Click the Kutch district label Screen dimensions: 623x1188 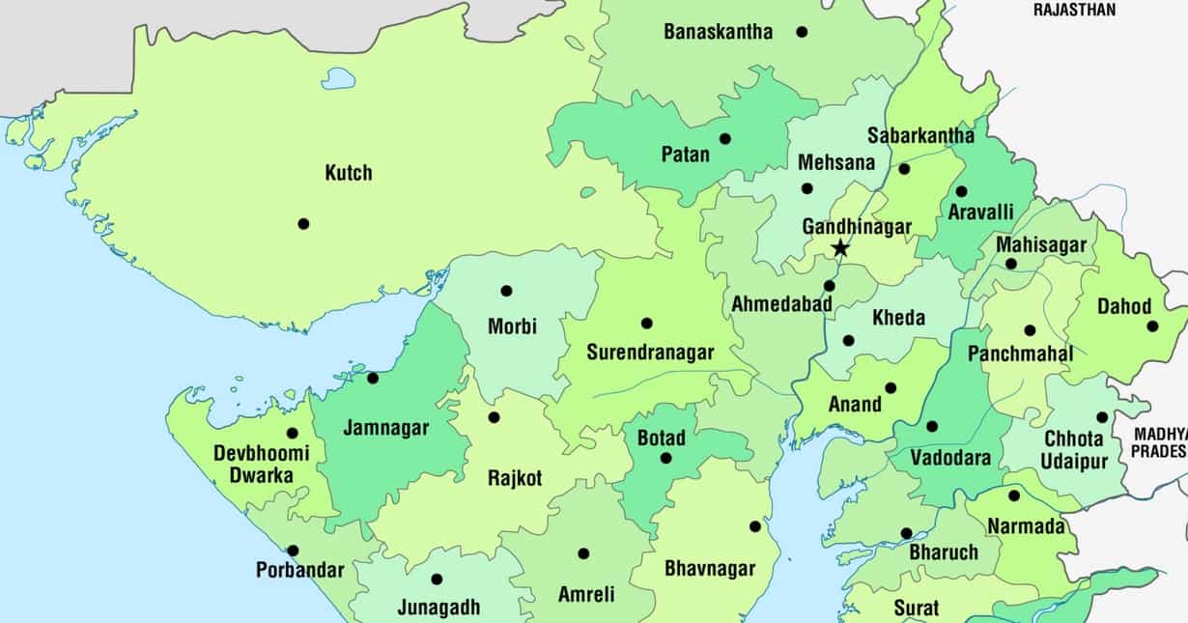click(x=348, y=174)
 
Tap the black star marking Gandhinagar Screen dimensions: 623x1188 click(x=840, y=248)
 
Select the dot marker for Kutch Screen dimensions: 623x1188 click(x=303, y=224)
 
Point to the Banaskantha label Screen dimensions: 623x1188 click(x=718, y=32)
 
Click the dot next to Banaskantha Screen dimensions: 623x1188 click(x=802, y=32)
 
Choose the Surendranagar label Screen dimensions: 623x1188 click(x=650, y=353)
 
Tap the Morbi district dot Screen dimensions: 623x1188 click(x=506, y=291)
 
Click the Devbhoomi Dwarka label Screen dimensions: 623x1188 click(x=261, y=464)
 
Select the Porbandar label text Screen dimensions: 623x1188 click(x=299, y=570)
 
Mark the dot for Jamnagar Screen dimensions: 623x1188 click(x=373, y=378)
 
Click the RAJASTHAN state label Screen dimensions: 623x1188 click(x=1074, y=10)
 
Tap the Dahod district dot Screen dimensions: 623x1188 click(x=1152, y=326)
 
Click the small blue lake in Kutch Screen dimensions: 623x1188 click(x=338, y=78)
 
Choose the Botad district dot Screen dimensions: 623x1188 click(x=665, y=458)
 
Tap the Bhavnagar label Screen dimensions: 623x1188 click(x=709, y=568)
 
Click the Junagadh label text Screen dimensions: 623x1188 click(x=438, y=608)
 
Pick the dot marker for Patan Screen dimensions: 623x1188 click(x=725, y=139)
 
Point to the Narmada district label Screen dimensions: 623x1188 click(x=1025, y=526)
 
